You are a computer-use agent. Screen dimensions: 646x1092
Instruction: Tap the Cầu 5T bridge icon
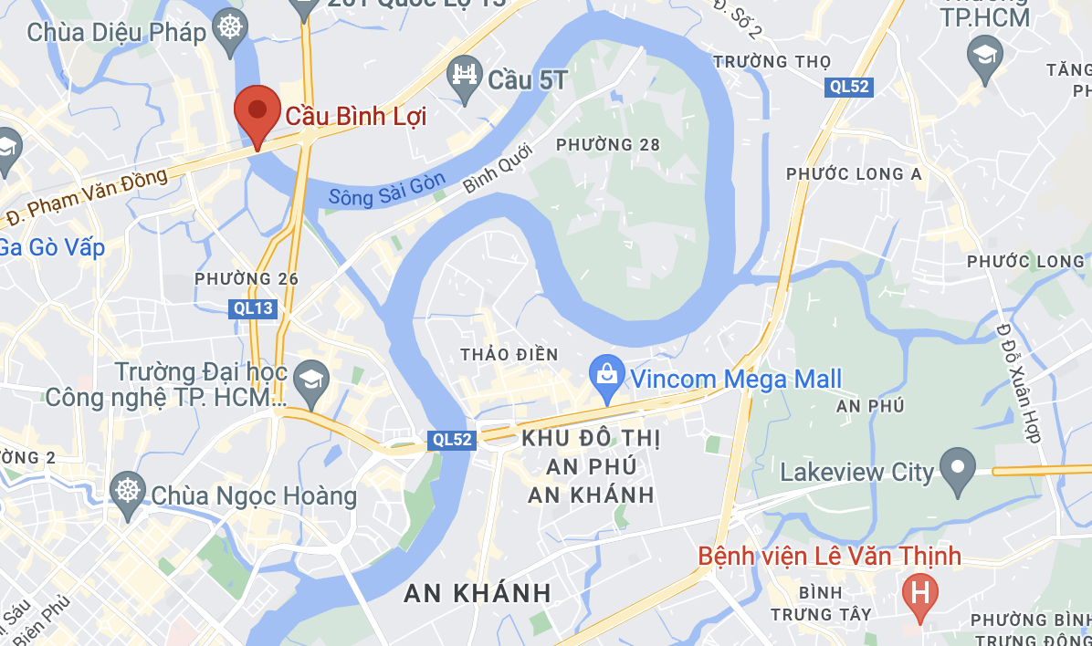[x=466, y=73]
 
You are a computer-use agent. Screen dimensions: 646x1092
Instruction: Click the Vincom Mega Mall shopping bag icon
[x=606, y=377]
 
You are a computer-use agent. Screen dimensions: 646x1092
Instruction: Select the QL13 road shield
[x=252, y=308]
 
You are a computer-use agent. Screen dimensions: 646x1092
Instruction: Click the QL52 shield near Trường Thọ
[x=849, y=87]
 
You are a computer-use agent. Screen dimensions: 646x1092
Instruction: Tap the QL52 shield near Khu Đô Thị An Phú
[x=452, y=440]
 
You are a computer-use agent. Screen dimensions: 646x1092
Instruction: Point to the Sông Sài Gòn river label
[x=387, y=189]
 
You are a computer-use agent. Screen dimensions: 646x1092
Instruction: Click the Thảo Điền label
[x=509, y=354]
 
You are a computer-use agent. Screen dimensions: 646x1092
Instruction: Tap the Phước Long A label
[x=854, y=174]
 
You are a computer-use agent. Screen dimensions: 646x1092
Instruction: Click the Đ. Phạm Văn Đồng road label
[x=88, y=196]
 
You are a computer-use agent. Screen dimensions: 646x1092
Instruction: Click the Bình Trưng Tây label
[x=822, y=602]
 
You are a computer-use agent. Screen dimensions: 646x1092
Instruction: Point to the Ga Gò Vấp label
[x=51, y=247]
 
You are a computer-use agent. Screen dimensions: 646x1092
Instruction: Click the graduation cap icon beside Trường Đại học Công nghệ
[x=313, y=376]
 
